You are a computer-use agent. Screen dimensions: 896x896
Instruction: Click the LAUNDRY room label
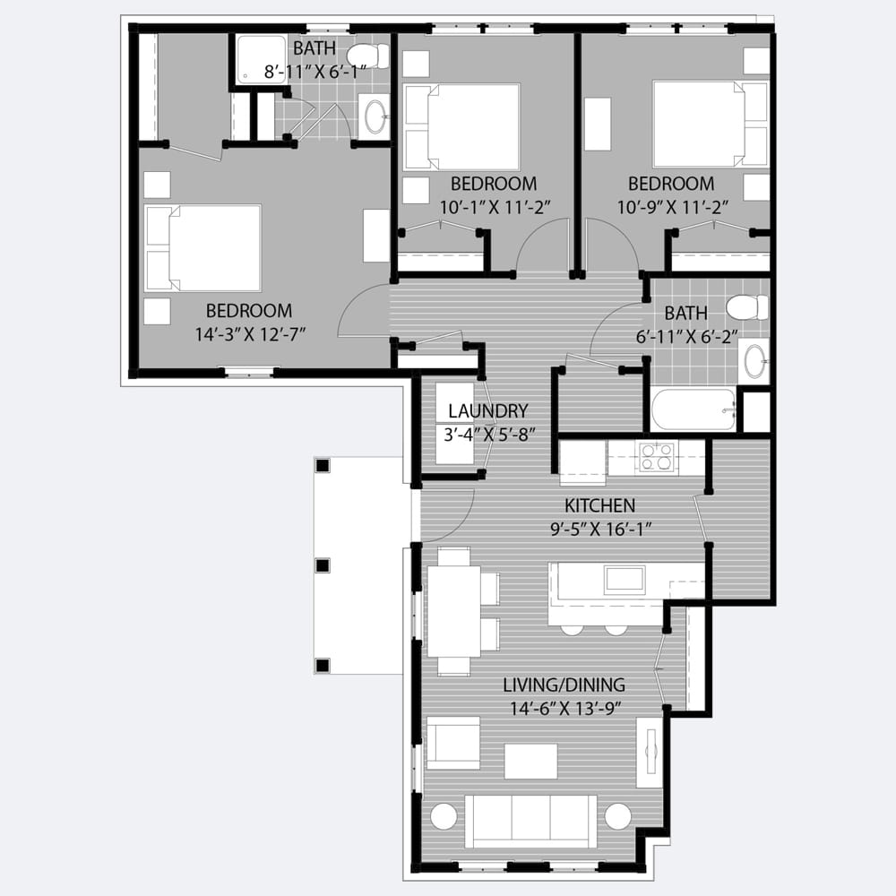pos(487,411)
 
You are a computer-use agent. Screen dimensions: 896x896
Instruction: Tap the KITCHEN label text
pos(599,505)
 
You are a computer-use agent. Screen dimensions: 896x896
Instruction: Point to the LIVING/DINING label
pos(564,685)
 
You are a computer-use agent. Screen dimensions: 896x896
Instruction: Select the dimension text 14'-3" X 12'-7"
pos(251,334)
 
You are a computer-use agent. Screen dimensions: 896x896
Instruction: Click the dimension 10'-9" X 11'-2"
pos(673,207)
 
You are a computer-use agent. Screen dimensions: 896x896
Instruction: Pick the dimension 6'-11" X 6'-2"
pos(687,337)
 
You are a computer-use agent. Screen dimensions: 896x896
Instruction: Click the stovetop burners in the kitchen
pos(656,457)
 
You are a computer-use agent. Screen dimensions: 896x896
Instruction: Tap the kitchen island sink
pos(625,580)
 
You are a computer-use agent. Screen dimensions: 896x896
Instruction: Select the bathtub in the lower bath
pos(694,409)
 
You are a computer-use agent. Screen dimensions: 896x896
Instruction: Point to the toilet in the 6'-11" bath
pos(747,307)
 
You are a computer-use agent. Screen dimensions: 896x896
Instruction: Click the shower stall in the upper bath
pos(261,59)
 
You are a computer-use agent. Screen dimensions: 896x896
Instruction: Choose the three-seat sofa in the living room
pos(530,821)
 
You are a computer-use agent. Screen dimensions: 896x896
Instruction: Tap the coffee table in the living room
pos(530,761)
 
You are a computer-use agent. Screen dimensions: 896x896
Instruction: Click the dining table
pos(454,611)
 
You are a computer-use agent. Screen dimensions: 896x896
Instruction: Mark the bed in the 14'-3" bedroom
pos(203,248)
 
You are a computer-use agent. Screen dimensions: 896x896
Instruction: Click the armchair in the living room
pos(453,743)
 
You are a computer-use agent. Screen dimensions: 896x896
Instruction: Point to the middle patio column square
pos(323,565)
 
